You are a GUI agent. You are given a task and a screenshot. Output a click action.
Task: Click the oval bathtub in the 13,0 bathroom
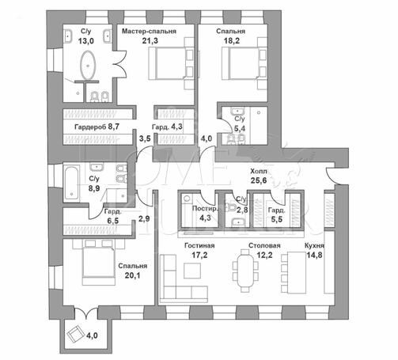pos(88,65)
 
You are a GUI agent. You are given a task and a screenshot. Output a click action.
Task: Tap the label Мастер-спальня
pos(149,32)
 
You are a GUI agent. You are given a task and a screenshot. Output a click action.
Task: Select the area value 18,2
pos(232,41)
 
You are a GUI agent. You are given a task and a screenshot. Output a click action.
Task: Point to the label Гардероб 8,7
pos(97,127)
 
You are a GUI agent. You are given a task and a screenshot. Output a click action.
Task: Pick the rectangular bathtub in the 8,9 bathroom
pos(71,184)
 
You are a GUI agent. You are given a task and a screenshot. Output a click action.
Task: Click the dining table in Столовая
pos(245,271)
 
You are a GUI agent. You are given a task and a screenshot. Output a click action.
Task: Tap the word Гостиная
pos(199,245)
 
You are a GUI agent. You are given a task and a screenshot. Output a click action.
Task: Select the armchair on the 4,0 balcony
pos(75,333)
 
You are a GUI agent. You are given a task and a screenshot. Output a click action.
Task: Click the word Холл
pos(259,171)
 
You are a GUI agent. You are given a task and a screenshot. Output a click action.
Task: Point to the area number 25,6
pos(259,180)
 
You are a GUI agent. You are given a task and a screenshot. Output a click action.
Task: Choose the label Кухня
pos(314,245)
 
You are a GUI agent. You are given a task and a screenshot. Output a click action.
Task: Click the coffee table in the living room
pos(192,271)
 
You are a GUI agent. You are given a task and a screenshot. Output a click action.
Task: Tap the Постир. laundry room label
pos(205,209)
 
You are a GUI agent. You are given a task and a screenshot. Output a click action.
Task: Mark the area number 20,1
pos(132,275)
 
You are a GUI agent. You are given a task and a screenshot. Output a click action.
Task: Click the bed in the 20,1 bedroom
pos(99,263)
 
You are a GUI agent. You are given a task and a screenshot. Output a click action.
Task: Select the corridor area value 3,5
pos(145,138)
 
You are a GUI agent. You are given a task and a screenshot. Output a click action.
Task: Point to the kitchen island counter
pos(297,272)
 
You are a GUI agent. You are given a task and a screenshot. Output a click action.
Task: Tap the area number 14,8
pos(314,255)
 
